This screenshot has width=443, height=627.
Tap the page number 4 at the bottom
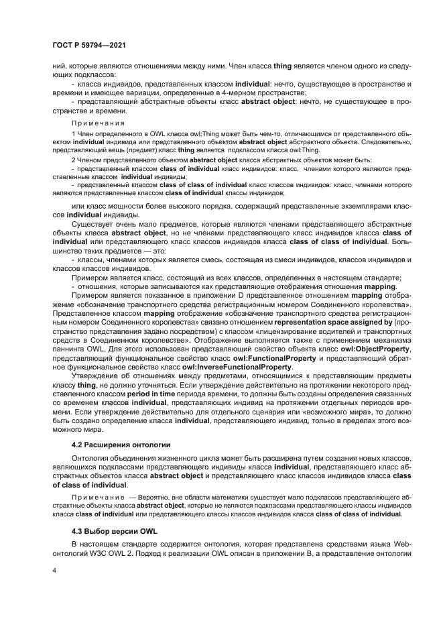click(x=54, y=571)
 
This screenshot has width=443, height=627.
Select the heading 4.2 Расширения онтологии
click(x=116, y=445)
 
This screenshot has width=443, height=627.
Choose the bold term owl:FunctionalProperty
click(x=268, y=359)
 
